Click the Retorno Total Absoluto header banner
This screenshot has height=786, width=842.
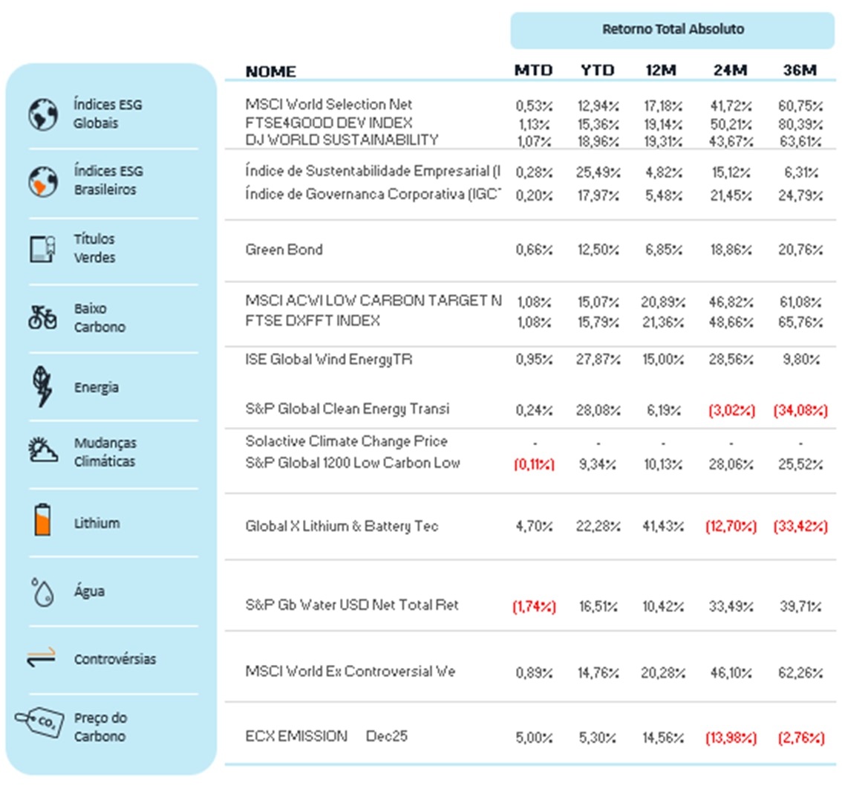pyautogui.click(x=672, y=30)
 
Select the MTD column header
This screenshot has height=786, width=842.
pyautogui.click(x=533, y=71)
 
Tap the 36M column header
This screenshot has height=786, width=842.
pyautogui.click(x=800, y=71)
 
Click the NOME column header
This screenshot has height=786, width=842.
pyautogui.click(x=270, y=71)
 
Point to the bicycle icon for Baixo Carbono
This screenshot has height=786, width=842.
pyautogui.click(x=42, y=317)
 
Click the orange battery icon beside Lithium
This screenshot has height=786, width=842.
pyautogui.click(x=43, y=521)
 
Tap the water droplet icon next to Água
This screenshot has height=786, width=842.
pyautogui.click(x=43, y=592)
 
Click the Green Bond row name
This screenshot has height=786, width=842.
pyautogui.click(x=284, y=250)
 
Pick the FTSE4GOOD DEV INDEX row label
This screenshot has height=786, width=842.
pyautogui.click(x=328, y=123)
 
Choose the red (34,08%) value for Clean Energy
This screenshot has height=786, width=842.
pyautogui.click(x=800, y=410)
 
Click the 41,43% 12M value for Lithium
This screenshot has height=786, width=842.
pyautogui.click(x=662, y=527)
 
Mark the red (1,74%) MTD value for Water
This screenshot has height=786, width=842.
pyautogui.click(x=534, y=606)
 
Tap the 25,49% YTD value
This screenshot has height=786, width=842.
pyautogui.click(x=598, y=172)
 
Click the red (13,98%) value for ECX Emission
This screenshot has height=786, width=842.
pyautogui.click(x=731, y=738)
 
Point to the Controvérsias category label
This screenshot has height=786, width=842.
pyautogui.click(x=115, y=659)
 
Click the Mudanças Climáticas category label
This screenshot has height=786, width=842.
pyautogui.click(x=105, y=452)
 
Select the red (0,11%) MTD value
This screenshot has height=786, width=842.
pyautogui.click(x=534, y=464)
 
